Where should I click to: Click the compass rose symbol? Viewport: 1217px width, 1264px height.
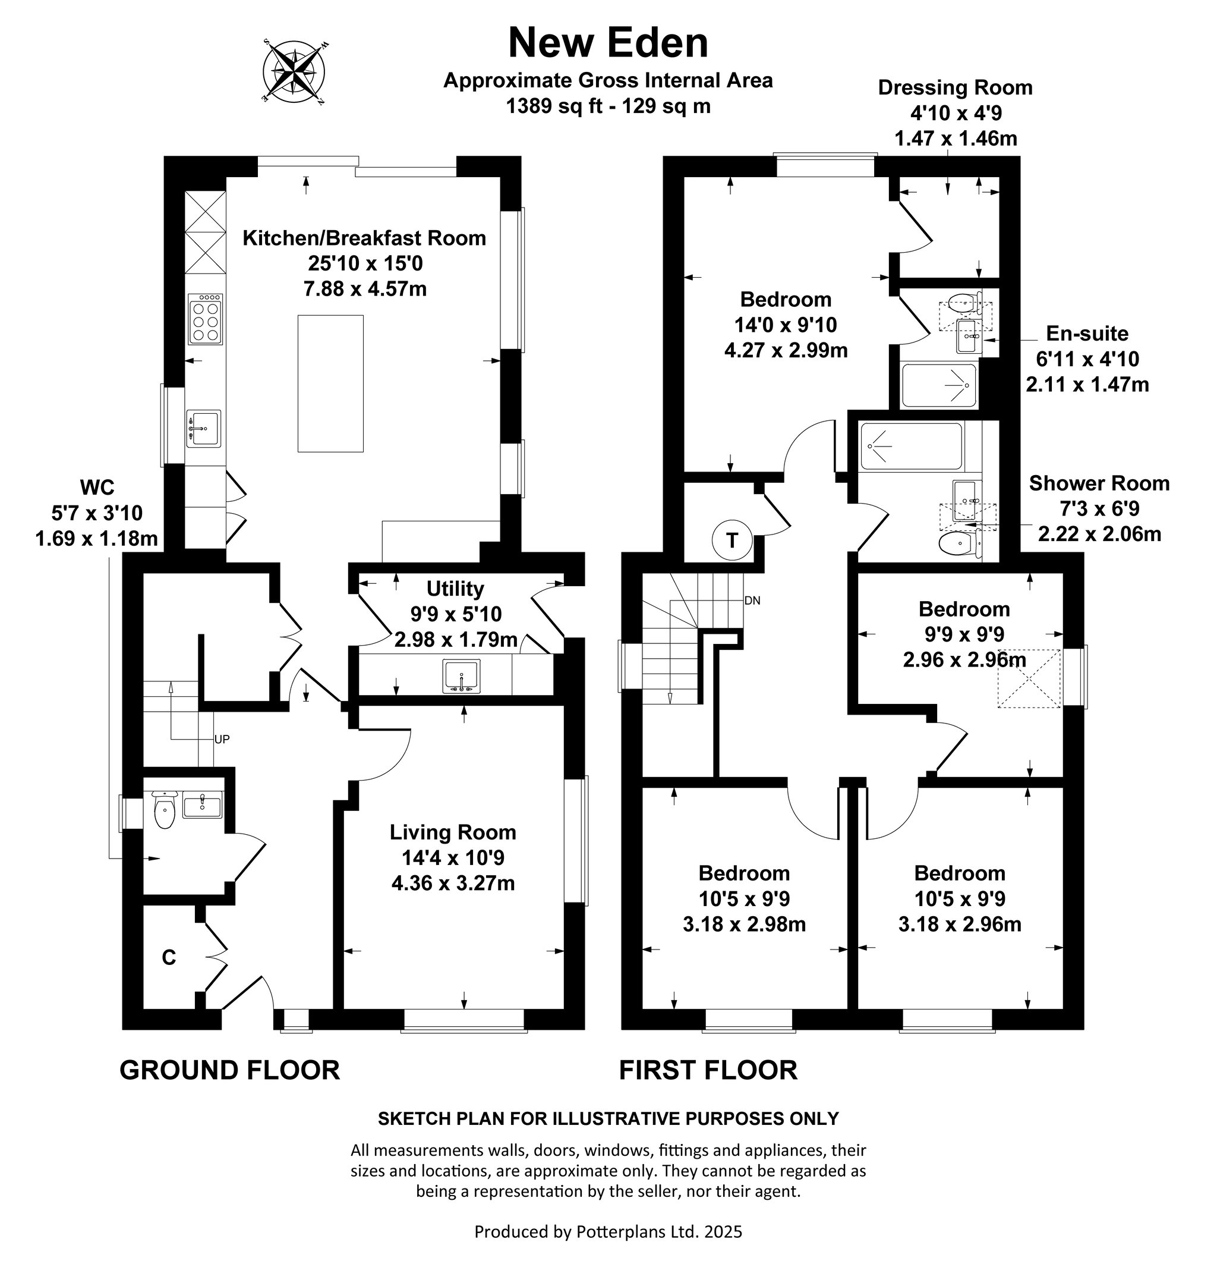(294, 71)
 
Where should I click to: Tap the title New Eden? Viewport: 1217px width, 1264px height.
(608, 43)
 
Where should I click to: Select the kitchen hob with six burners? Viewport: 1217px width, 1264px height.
(206, 319)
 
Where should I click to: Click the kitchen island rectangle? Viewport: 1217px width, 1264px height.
(330, 383)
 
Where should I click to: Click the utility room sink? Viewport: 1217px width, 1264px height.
(462, 676)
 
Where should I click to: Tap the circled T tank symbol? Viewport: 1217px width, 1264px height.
(732, 540)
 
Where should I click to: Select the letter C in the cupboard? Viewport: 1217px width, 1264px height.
(169, 958)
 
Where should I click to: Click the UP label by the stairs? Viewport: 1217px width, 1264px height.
(222, 739)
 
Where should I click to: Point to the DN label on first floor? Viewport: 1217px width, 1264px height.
(752, 600)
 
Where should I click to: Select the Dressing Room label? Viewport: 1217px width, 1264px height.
(956, 88)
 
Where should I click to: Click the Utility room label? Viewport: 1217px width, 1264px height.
(455, 589)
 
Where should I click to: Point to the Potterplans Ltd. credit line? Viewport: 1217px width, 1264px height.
(608, 1231)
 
